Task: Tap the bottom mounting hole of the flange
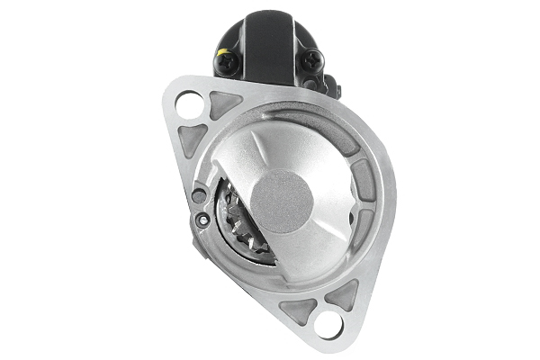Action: pos(329,322)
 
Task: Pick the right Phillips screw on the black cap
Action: pos(313,59)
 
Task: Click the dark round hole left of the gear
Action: pos(200,195)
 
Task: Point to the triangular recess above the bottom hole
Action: pos(342,293)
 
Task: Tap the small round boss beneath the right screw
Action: pos(310,84)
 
